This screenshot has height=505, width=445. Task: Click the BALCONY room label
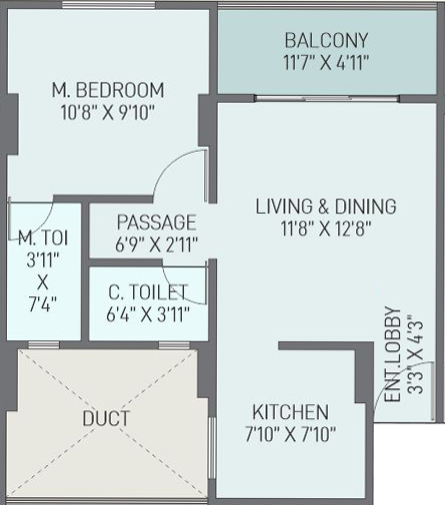[x=326, y=40]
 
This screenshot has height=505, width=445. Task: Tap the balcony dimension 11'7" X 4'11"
[x=326, y=62]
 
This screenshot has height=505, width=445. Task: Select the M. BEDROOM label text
[x=108, y=90]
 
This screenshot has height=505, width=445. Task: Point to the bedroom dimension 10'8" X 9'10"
[x=108, y=113]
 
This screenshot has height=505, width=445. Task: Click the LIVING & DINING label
[x=326, y=207]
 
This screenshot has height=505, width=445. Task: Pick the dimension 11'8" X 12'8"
[x=326, y=229]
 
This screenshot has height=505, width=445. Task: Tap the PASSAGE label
[x=157, y=223]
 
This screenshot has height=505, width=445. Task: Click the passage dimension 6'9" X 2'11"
[x=157, y=245]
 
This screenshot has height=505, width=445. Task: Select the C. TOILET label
[x=148, y=291]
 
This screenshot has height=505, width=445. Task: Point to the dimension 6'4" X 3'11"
[x=148, y=314]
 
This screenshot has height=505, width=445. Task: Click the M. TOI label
[x=43, y=239]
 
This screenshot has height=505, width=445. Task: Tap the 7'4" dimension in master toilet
[x=42, y=304]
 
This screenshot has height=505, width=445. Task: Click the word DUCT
[x=106, y=418]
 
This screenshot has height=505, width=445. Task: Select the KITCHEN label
[x=290, y=412]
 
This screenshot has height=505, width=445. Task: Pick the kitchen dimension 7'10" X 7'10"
[x=290, y=434]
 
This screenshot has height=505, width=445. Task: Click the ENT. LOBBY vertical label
[x=392, y=354]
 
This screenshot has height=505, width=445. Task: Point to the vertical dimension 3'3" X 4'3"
[x=415, y=354]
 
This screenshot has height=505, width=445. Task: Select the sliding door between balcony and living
[x=327, y=98]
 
